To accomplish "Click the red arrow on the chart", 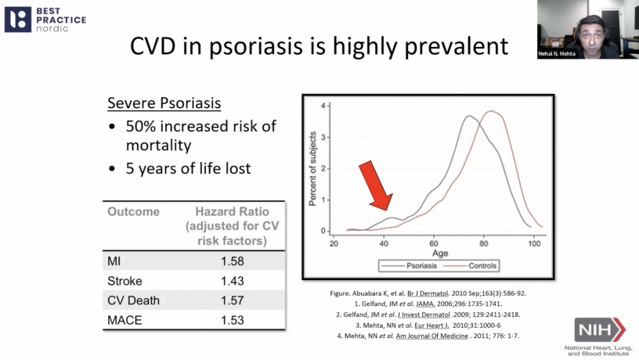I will point(376,185).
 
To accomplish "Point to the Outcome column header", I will point(133,212).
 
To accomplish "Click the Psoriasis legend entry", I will point(404,265).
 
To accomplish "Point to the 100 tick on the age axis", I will point(534,243).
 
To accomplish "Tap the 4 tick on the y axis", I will point(322,105).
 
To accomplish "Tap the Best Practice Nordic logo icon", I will point(18,19).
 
